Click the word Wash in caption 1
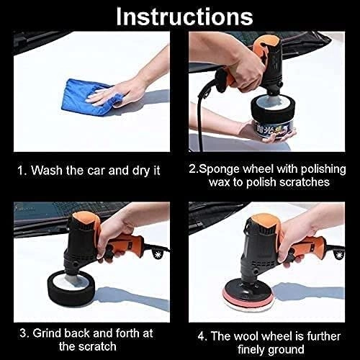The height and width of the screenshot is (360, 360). [51, 172]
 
